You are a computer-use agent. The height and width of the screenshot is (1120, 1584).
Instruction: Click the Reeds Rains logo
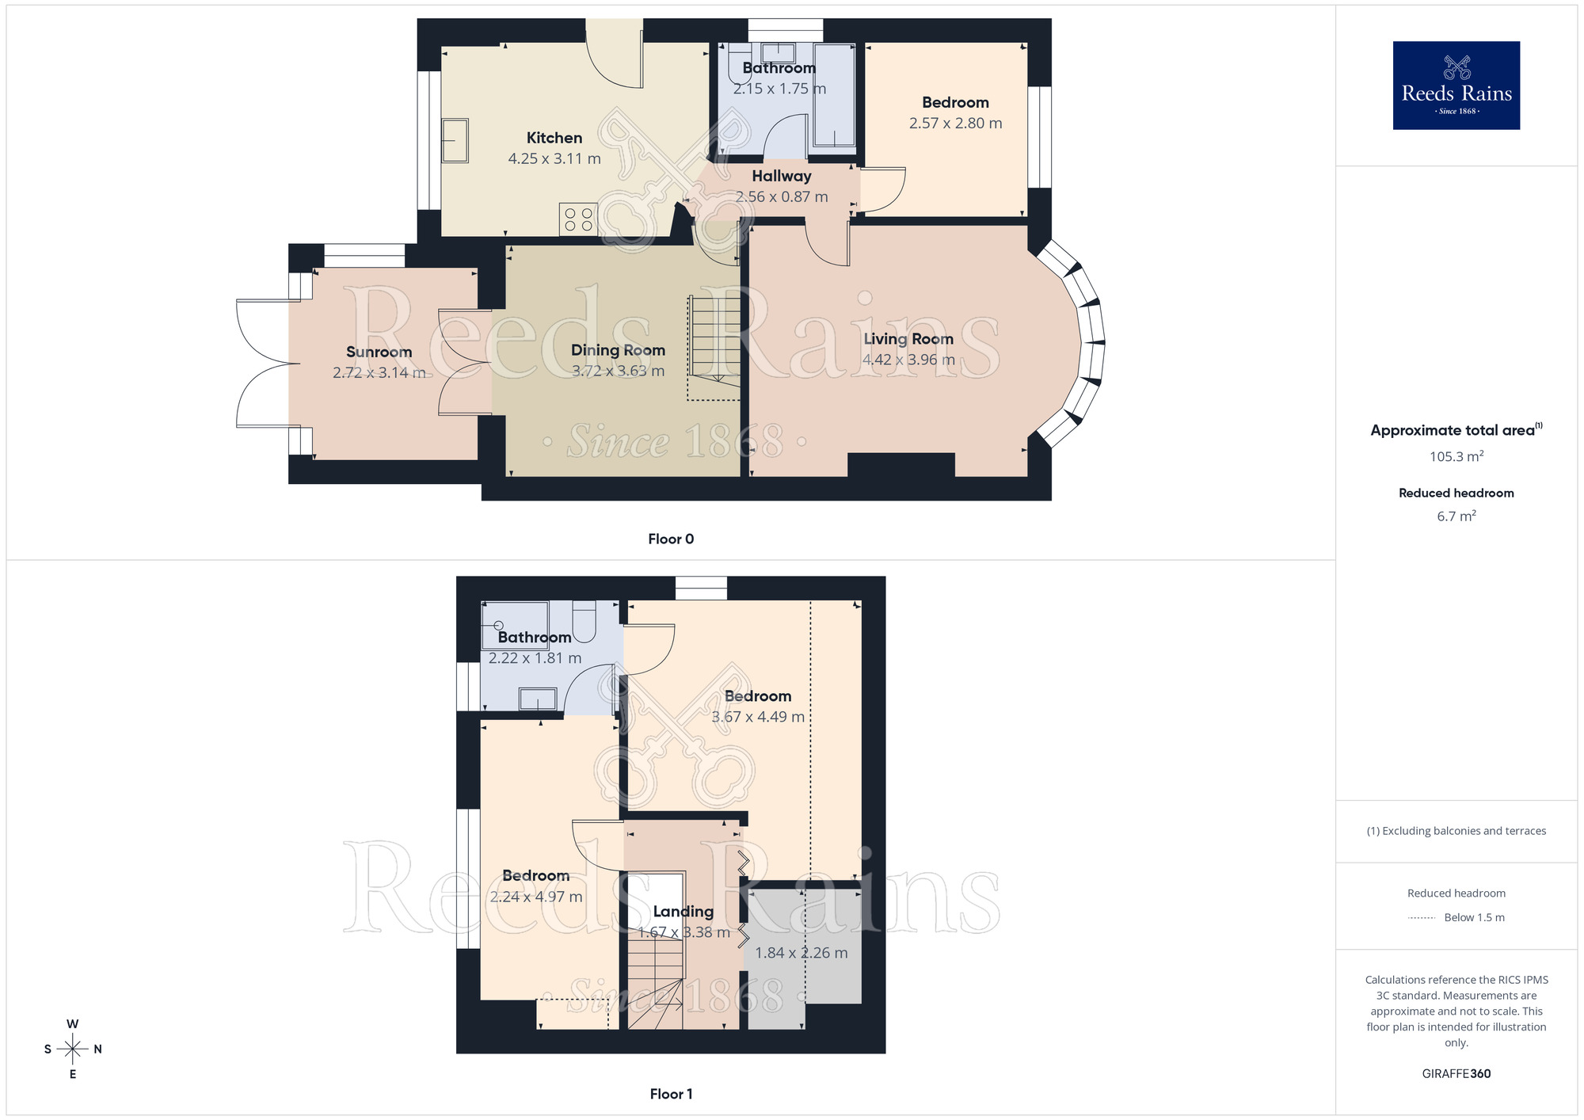(x=1456, y=86)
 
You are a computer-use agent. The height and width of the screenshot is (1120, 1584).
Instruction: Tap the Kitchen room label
(x=554, y=138)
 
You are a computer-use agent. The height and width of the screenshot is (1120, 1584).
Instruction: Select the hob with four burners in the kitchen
(x=578, y=219)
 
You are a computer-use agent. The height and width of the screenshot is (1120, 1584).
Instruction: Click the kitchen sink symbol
(x=455, y=141)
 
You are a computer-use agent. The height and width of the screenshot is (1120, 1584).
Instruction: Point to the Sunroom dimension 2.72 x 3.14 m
(x=379, y=373)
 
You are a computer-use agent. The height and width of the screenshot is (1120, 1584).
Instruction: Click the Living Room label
(x=908, y=339)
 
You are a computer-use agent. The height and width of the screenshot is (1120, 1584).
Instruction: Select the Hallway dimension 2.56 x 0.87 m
(x=781, y=197)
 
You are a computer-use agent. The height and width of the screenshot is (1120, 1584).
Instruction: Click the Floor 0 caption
(x=670, y=539)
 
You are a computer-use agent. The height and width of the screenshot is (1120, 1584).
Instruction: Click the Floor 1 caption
(x=670, y=1094)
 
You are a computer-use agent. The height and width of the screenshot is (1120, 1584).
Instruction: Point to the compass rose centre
(x=73, y=1050)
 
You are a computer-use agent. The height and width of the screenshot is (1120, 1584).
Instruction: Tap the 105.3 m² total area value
(x=1456, y=457)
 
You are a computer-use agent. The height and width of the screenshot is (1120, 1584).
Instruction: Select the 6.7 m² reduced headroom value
(x=1456, y=516)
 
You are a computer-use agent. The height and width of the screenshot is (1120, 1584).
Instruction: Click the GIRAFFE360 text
(x=1456, y=1074)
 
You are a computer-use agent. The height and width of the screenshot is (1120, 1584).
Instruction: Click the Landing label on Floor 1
(x=683, y=912)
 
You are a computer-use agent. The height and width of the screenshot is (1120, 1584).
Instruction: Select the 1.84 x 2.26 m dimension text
(x=801, y=954)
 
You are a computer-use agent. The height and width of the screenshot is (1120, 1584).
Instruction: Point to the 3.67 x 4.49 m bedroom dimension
(x=757, y=718)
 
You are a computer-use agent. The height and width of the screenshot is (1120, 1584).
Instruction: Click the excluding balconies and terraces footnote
(x=1456, y=831)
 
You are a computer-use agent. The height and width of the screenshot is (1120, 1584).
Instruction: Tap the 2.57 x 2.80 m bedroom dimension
(x=955, y=124)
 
